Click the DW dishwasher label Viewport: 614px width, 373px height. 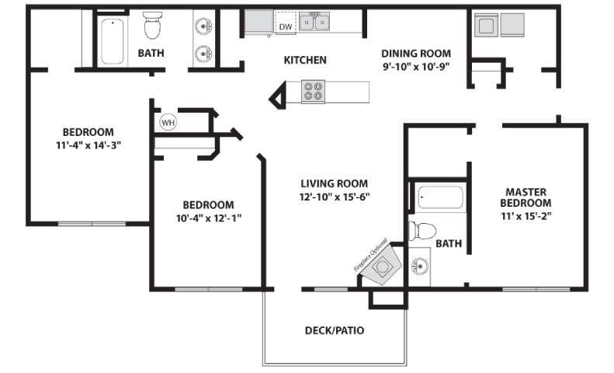click(286, 27)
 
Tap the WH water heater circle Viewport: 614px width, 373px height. click(168, 122)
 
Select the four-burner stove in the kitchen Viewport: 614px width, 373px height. click(313, 92)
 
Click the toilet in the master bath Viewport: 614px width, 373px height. click(422, 230)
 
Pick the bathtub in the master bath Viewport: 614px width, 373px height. click(439, 198)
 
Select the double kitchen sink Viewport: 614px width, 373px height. click(315, 21)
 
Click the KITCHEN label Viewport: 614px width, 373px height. click(305, 60)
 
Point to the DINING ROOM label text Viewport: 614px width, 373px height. click(415, 54)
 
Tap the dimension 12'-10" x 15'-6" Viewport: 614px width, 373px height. click(335, 197)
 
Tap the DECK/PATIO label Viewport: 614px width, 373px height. click(334, 330)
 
